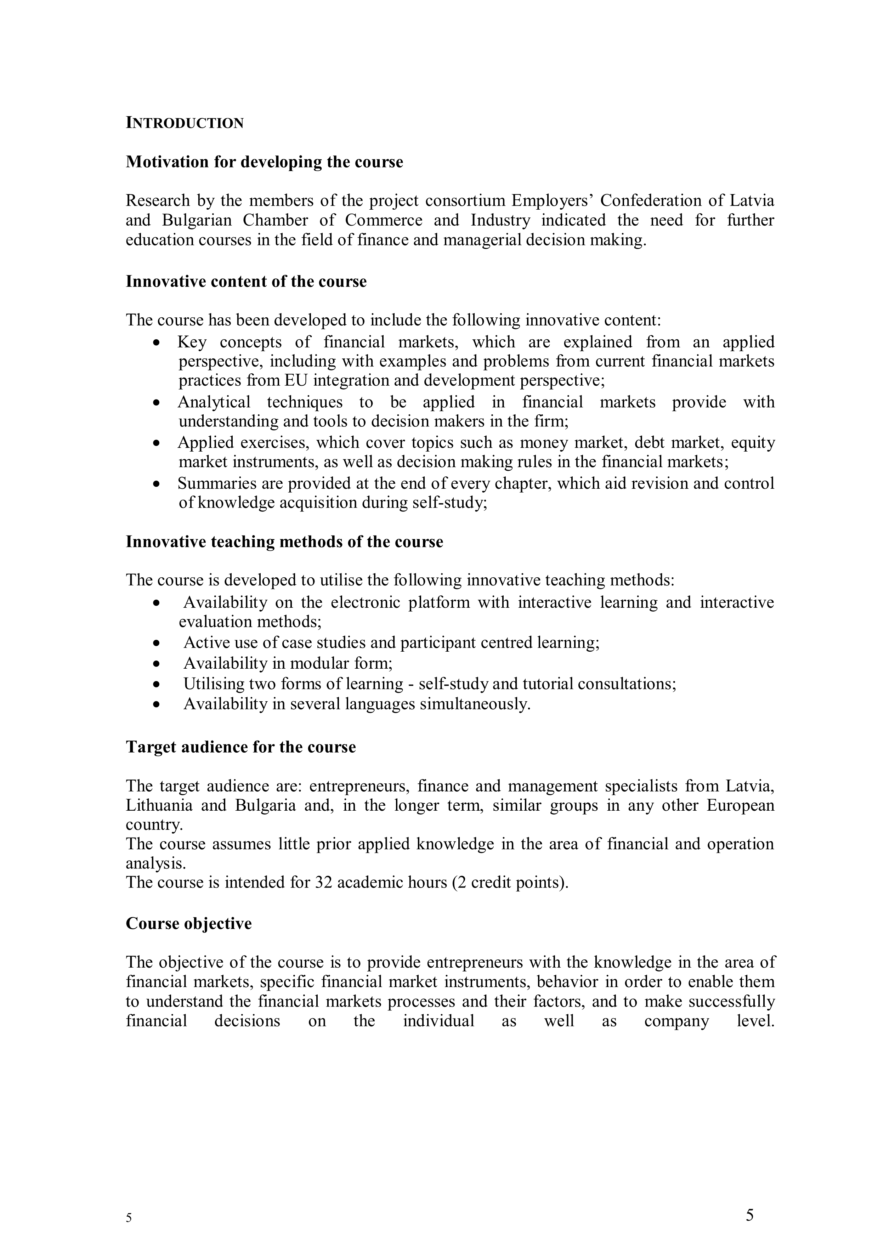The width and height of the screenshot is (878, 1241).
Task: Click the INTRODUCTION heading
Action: click(185, 123)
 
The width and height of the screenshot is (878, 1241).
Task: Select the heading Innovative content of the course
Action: click(246, 282)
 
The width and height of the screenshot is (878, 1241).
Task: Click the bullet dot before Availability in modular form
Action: click(157, 664)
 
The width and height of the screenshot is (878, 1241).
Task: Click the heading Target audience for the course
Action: click(240, 747)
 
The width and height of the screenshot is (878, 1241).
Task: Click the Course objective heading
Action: click(189, 923)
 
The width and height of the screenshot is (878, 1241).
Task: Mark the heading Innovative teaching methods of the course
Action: click(284, 542)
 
